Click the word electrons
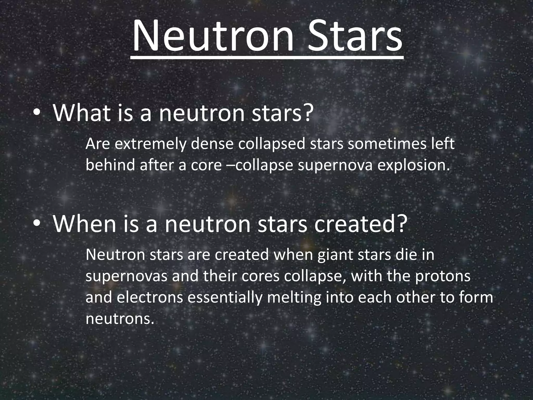[150, 298]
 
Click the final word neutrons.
[120, 319]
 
